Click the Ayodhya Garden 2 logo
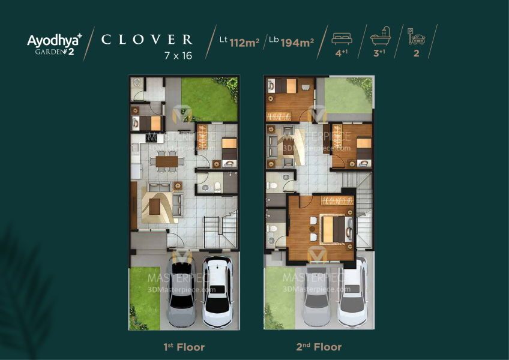(x=55, y=44)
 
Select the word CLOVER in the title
(x=146, y=40)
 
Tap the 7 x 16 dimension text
(x=178, y=56)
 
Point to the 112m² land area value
(x=244, y=43)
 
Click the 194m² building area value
(x=297, y=43)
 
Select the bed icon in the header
(x=342, y=38)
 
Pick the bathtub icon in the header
(x=381, y=36)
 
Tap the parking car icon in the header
(x=417, y=37)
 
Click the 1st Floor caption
(x=184, y=347)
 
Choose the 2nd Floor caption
(x=319, y=347)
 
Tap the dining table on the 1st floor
(x=167, y=161)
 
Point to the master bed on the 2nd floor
(x=336, y=229)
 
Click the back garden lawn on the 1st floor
(x=209, y=100)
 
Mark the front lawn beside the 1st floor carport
(x=145, y=298)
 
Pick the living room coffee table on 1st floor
(x=155, y=206)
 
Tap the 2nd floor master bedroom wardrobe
(x=337, y=200)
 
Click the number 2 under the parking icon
(x=417, y=53)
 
